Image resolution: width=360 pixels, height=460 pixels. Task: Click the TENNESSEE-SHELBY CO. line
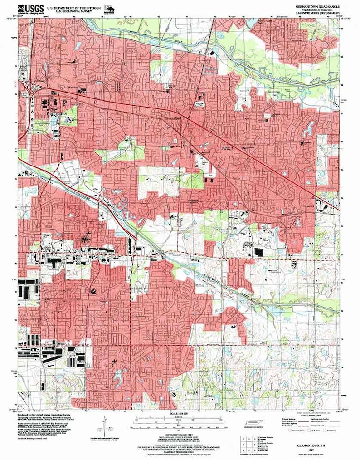tap(316, 10)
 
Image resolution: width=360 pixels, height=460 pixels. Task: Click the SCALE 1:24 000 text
tap(178, 413)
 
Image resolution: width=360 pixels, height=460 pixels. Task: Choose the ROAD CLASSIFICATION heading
tap(310, 414)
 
